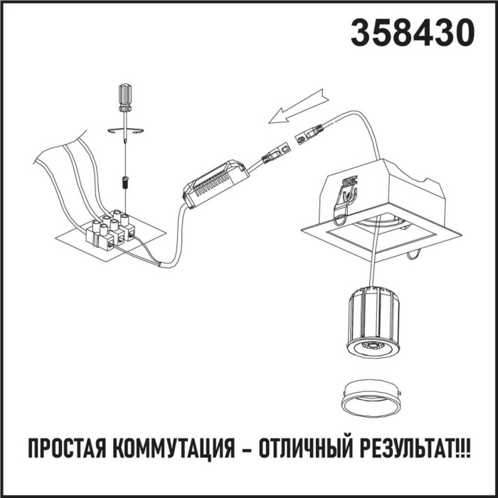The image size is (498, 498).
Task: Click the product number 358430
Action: (412, 33)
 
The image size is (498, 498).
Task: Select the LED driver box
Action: (216, 183)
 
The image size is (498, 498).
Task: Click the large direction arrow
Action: (300, 105)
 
